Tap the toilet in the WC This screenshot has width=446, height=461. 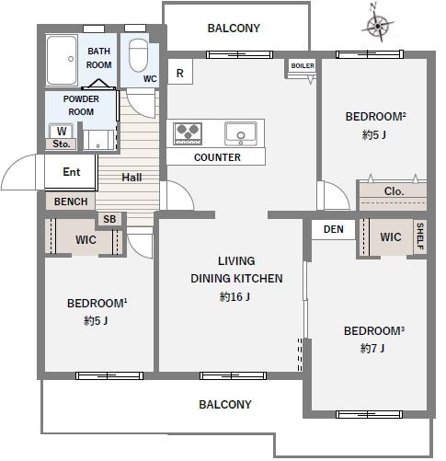138,55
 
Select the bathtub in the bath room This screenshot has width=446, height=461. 62,60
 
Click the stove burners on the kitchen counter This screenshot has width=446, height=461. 188,133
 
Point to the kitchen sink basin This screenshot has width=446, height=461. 241,133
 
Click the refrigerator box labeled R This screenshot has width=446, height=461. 180,72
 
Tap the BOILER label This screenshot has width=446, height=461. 303,65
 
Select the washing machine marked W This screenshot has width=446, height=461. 62,131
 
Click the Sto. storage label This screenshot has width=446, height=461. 61,144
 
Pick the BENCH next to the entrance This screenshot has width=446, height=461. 71,202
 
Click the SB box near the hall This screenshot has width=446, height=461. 109,219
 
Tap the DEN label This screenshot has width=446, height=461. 334,229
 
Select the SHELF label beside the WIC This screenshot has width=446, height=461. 420,236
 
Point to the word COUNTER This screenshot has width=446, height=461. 217,157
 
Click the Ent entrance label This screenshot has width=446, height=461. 72,172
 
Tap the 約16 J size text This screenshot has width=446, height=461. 234,296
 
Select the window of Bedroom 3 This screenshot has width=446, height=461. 369,414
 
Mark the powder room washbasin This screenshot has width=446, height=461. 98,140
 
